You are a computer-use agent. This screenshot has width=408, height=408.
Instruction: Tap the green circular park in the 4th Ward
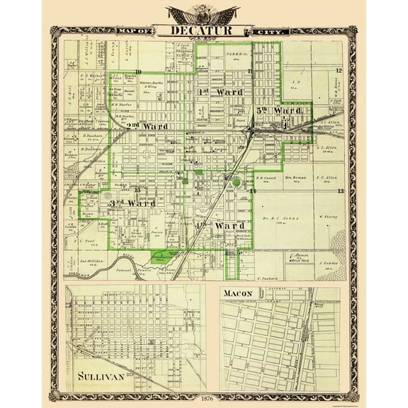point(234,183)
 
